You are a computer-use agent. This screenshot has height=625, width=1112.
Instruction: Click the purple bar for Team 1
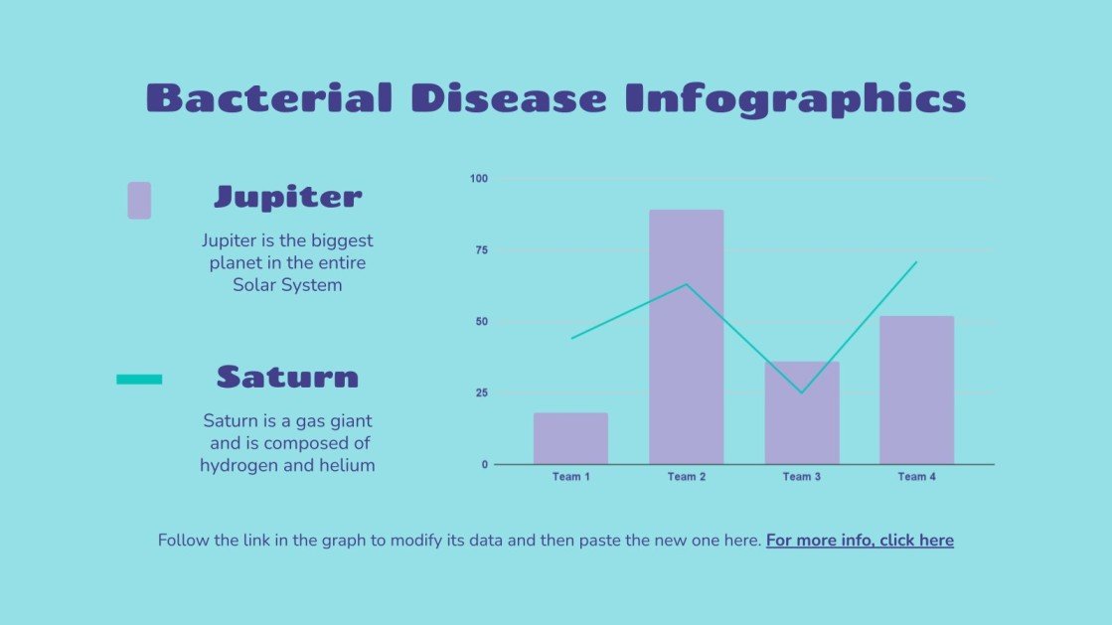(x=570, y=438)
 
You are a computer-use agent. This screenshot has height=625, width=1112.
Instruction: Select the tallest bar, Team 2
(x=686, y=337)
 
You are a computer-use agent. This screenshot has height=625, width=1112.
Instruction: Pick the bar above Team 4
(x=916, y=390)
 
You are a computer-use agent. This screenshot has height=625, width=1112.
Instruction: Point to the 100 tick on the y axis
(x=479, y=179)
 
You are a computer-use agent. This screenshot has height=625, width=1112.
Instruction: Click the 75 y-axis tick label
(x=481, y=250)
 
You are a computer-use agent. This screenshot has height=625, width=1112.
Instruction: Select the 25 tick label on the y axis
(x=481, y=393)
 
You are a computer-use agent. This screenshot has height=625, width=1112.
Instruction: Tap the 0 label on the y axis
(x=485, y=464)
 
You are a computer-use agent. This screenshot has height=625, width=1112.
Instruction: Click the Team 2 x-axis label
(x=686, y=477)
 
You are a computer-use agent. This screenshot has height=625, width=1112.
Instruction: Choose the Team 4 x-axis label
(x=916, y=477)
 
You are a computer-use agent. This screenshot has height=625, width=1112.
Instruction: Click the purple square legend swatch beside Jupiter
(x=139, y=200)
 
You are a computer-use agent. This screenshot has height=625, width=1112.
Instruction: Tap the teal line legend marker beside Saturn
(x=139, y=379)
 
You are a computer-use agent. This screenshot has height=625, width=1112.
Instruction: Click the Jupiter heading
(x=287, y=197)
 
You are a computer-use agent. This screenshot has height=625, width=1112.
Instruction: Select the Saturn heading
(x=287, y=377)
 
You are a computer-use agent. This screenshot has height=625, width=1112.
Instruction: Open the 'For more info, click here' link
(x=860, y=541)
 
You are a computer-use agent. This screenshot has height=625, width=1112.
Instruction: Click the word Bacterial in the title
(x=268, y=98)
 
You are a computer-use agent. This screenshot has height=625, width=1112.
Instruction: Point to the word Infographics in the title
(x=795, y=98)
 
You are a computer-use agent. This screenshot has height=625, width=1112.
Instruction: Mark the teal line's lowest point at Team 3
(x=801, y=392)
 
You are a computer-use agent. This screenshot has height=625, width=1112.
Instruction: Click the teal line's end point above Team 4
(x=915, y=262)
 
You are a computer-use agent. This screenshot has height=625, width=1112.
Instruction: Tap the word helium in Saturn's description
(x=347, y=465)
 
